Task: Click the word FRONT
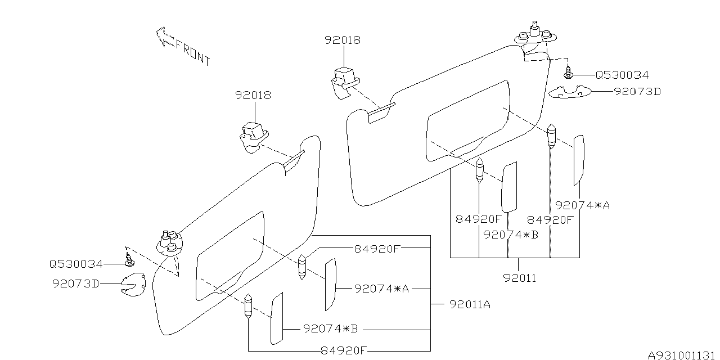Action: [193, 52]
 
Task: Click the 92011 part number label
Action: [520, 277]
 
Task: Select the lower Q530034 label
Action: [76, 264]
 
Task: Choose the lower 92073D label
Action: [75, 284]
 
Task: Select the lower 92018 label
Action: [253, 95]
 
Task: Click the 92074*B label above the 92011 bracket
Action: [511, 234]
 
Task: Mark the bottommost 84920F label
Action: [343, 350]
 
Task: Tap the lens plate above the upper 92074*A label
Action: [578, 160]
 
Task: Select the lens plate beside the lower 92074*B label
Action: [276, 318]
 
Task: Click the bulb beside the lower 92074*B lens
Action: [248, 307]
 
